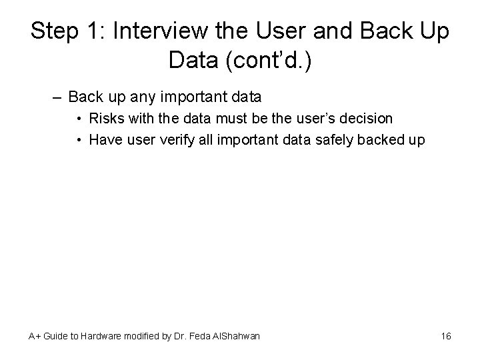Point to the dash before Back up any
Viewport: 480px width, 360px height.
click(58, 97)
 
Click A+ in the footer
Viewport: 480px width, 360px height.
click(34, 336)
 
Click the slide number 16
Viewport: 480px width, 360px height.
click(446, 336)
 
